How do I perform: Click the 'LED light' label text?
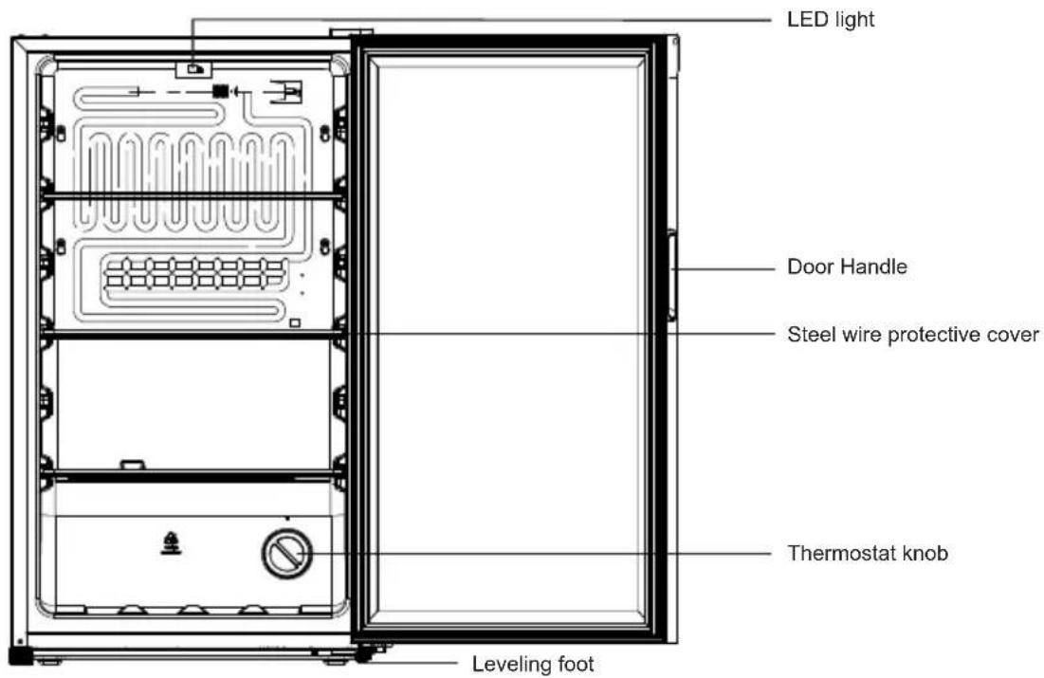point(831,19)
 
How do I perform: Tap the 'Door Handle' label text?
point(847,267)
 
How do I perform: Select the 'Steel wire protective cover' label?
point(913,335)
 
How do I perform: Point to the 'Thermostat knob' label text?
point(868,554)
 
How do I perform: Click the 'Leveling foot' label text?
point(533,664)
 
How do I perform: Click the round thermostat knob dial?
point(287,554)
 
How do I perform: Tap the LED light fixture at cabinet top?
point(193,68)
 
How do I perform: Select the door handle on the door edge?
point(671,275)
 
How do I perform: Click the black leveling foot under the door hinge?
point(363,654)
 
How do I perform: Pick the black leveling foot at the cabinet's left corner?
point(20,656)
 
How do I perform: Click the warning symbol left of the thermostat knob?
point(171,543)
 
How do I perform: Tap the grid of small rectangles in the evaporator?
point(194,272)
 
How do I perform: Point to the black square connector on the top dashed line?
point(220,91)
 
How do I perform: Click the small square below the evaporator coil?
point(295,322)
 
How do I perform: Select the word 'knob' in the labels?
point(925,554)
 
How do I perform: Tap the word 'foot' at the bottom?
point(576,664)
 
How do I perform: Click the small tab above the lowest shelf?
point(133,465)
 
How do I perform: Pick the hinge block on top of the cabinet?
point(351,31)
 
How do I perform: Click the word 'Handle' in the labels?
point(874,267)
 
